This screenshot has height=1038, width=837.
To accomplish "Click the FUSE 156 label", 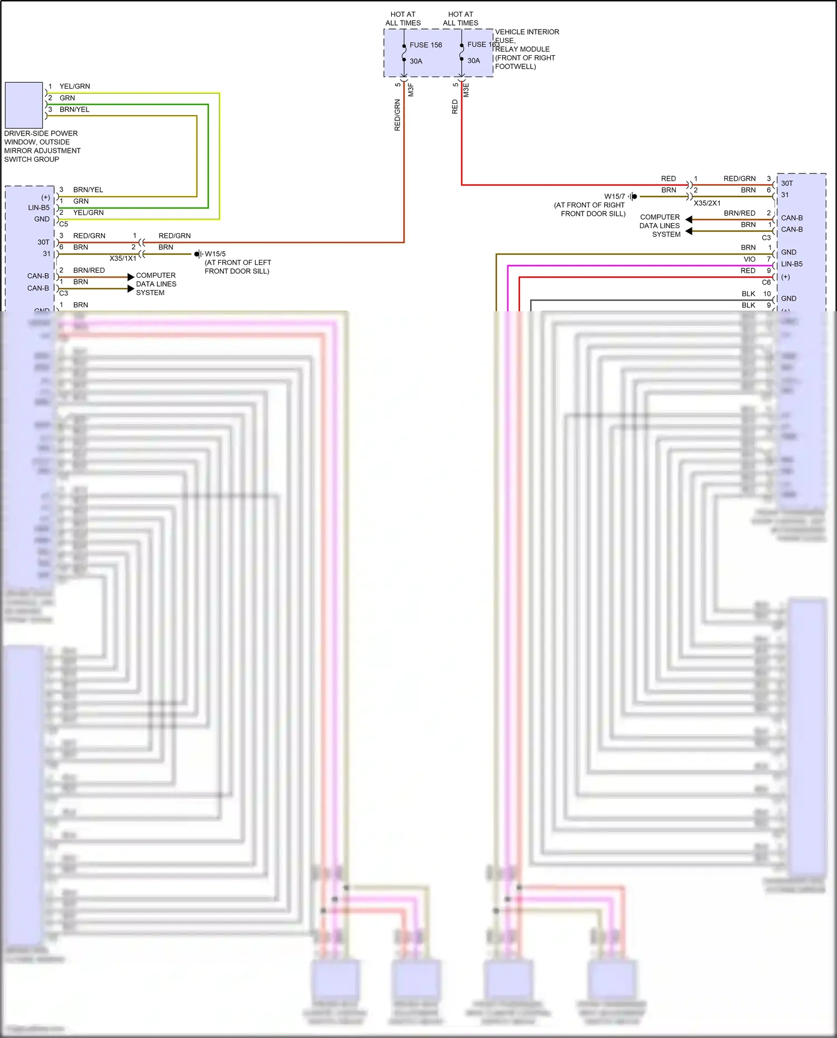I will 425,45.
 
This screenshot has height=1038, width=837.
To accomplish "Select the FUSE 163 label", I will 483,45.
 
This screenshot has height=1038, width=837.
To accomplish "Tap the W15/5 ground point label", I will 215,254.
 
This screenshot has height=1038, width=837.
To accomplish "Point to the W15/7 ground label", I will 614,196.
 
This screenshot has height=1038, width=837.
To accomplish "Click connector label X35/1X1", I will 123,258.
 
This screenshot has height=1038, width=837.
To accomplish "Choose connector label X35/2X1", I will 707,203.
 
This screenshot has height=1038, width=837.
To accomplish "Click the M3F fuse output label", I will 411,90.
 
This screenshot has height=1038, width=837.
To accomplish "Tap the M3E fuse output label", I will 466,90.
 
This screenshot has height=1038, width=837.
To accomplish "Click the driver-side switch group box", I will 23,105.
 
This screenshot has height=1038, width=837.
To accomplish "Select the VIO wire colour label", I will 749,259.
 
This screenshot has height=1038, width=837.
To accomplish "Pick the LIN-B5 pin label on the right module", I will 792,264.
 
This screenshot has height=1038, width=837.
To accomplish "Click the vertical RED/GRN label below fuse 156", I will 397,115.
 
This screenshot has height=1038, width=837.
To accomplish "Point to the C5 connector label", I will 64,224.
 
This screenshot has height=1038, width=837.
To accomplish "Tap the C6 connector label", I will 766,282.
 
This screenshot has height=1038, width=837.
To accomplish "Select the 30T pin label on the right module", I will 787,183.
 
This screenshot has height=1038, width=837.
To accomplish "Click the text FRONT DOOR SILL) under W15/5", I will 237,271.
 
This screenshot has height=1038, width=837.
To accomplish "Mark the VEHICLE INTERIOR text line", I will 527,32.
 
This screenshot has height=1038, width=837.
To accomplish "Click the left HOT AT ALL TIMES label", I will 403,18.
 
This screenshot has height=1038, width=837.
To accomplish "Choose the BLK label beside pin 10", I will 748,294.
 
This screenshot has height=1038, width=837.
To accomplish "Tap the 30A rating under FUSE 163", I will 473,61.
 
